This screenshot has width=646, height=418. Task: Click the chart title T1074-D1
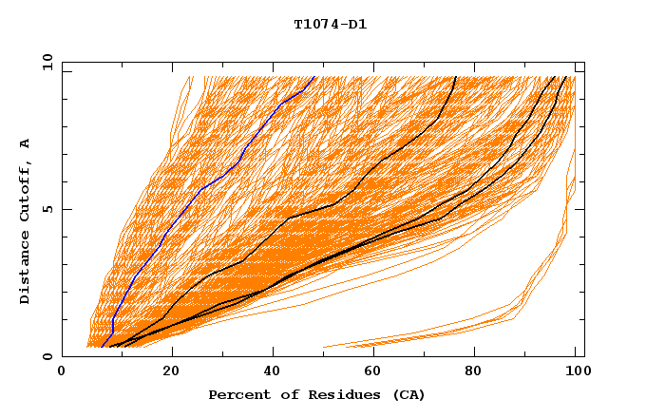[331, 25]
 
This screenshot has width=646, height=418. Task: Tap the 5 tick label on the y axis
[50, 209]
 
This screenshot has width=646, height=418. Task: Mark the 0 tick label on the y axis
[50, 356]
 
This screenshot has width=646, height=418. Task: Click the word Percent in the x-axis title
[236, 395]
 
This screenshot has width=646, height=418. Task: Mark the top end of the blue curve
[313, 77]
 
